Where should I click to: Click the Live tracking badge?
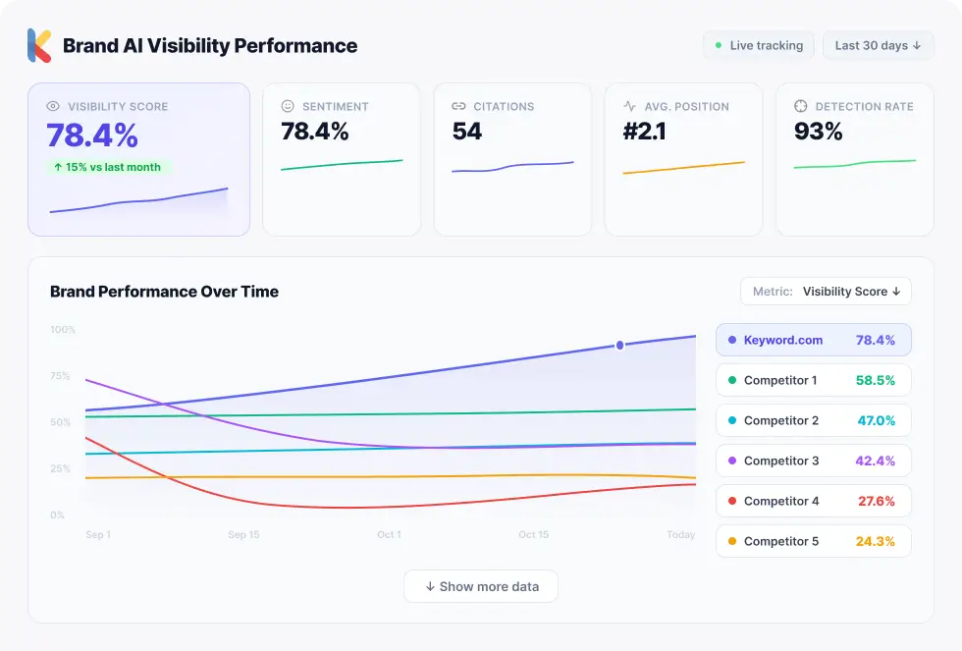758,45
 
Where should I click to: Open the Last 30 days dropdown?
878,45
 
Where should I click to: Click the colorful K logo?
39,45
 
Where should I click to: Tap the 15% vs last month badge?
108,167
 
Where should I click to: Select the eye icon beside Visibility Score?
54,106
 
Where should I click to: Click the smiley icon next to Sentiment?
288,106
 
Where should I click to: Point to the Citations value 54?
467,132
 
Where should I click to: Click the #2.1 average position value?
645,132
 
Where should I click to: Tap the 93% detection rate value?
819,132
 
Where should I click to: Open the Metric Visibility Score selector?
826,292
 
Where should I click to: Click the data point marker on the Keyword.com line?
619,345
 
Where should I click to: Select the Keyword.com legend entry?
813,340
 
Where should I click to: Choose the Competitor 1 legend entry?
813,380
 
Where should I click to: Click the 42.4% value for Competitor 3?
876,461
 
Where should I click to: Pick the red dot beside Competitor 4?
732,501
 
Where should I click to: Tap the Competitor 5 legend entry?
813,541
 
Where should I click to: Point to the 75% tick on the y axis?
60,376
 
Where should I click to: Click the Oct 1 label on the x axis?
389,535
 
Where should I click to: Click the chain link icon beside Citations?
458,106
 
